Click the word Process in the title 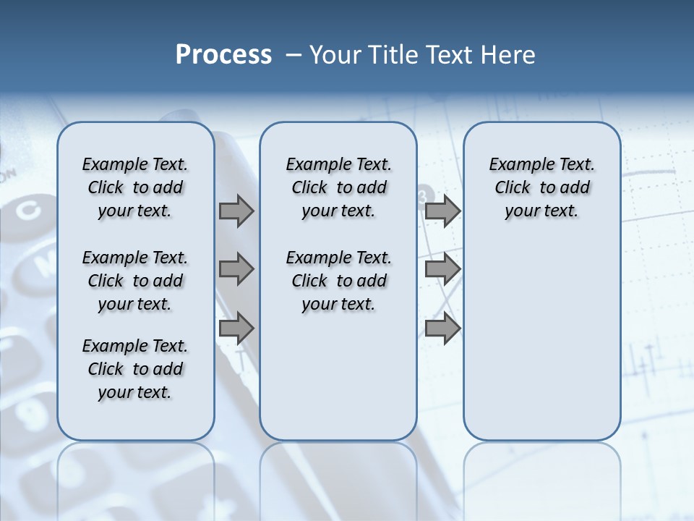(223, 55)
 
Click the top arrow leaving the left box (236, 211)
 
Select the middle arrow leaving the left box (236, 269)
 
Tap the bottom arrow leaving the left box (236, 328)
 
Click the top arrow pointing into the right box (442, 211)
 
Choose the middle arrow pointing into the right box (442, 269)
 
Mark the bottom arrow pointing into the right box (442, 328)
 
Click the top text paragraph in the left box (135, 187)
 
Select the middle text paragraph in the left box (135, 281)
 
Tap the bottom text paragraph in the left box (135, 369)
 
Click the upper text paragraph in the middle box (338, 187)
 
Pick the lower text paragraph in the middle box (338, 281)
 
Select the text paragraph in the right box (541, 187)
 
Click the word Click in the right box (513, 187)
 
